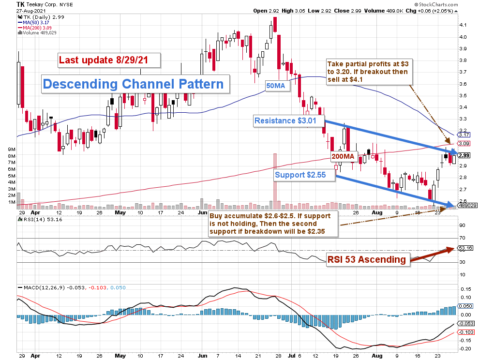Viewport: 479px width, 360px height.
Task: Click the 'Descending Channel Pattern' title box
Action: [135, 84]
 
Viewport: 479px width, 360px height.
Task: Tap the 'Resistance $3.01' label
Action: [288, 120]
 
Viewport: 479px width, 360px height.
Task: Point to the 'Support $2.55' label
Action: [304, 174]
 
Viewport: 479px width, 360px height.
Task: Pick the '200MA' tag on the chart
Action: [343, 156]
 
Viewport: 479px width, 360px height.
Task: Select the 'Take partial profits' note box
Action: [367, 72]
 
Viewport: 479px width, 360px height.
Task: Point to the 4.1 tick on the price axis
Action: [463, 25]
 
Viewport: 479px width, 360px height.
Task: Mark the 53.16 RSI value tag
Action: [465, 249]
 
